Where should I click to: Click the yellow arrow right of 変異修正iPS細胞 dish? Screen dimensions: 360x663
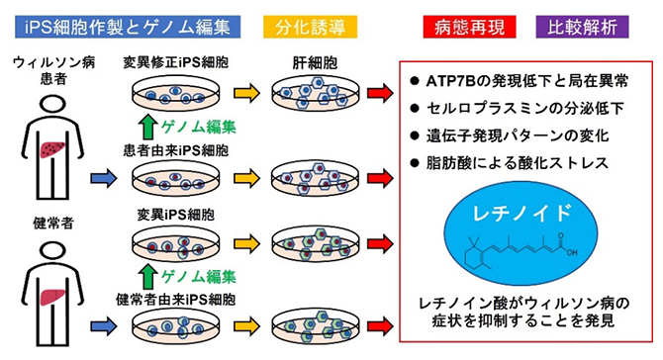[247, 96]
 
